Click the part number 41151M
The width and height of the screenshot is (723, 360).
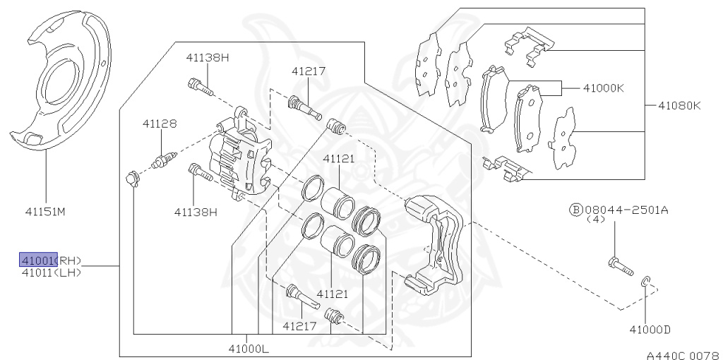pos(45,212)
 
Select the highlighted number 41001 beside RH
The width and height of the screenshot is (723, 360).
pos(38,260)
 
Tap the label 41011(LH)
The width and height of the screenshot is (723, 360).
pos(51,272)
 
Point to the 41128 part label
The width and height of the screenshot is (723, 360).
pos(160,124)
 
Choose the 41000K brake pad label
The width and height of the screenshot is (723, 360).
pos(604,88)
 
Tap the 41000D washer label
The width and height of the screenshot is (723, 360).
pos(650,330)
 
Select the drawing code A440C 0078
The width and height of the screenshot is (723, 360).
pos(684,355)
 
